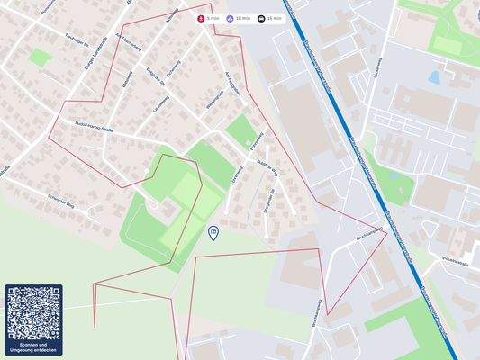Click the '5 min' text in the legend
point(213,18)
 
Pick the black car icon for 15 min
point(261,18)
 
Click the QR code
point(33,313)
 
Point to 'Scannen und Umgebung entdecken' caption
point(33,347)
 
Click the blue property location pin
point(213,233)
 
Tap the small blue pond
point(435,77)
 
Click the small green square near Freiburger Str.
point(40,58)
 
